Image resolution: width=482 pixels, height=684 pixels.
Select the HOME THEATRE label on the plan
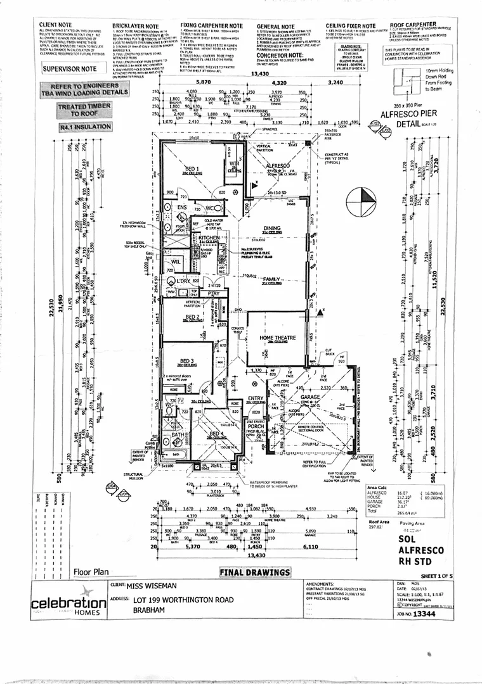(277, 339)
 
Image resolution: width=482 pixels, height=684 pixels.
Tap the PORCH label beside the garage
(256, 426)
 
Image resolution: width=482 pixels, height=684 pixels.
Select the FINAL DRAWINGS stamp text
(254, 573)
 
